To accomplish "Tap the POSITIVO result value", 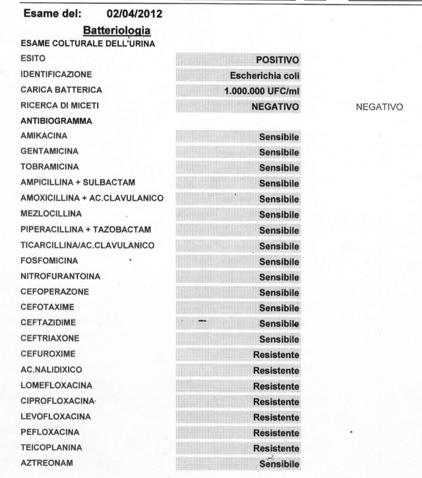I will (x=278, y=60).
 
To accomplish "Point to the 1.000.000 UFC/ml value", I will (x=262, y=91).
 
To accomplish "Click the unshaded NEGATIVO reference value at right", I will (x=379, y=106).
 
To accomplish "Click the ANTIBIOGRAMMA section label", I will (x=51, y=121).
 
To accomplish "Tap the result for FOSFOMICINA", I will (x=279, y=262).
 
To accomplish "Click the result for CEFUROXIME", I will (x=276, y=355).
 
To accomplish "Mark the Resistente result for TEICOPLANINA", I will (x=276, y=448).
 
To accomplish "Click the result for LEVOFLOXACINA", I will (x=276, y=417).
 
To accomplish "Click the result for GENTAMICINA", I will (x=279, y=152).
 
